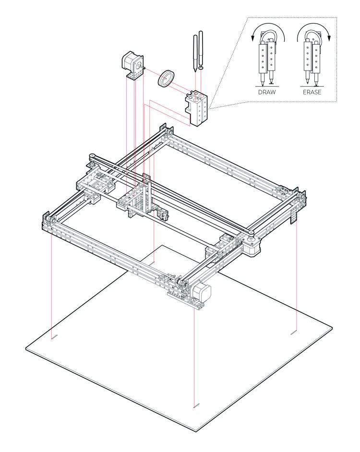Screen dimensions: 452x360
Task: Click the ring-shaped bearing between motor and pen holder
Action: (166, 78)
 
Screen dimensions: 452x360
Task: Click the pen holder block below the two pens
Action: (197, 108)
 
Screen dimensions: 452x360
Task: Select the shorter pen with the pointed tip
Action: (194, 53)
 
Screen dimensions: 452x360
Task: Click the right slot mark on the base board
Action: (294, 331)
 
